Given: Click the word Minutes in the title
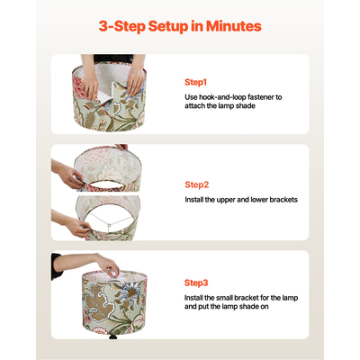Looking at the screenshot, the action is [x=234, y=26].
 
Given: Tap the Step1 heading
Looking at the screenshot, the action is [x=195, y=82].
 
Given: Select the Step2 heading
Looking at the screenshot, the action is [x=196, y=184].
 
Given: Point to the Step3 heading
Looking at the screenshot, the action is [x=196, y=283].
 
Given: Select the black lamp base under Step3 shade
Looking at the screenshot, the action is [x=113, y=337].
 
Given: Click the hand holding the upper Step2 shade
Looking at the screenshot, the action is [x=69, y=176].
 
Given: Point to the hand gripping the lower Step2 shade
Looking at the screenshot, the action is [x=78, y=227].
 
